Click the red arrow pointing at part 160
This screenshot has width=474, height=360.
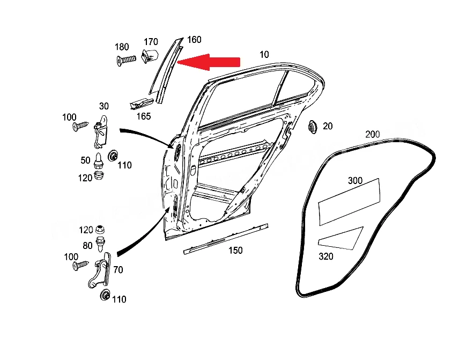(209, 62)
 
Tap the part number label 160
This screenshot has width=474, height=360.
(194, 40)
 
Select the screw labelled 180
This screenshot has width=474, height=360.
(127, 60)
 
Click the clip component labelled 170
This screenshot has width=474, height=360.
(150, 56)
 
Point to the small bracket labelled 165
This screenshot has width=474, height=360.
(141, 104)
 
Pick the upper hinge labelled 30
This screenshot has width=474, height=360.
(101, 132)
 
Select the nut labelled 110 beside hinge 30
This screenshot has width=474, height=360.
(113, 156)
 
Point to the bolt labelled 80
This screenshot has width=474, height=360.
(100, 244)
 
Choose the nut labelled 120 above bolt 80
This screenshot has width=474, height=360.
(100, 229)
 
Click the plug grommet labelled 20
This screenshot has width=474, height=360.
(313, 127)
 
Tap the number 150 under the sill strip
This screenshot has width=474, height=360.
(235, 250)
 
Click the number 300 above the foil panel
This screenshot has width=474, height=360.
(355, 181)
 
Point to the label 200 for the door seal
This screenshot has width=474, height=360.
(373, 134)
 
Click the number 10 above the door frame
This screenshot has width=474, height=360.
(264, 54)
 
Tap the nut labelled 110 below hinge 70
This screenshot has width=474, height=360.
(105, 295)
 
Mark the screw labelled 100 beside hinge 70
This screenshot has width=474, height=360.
(81, 266)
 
